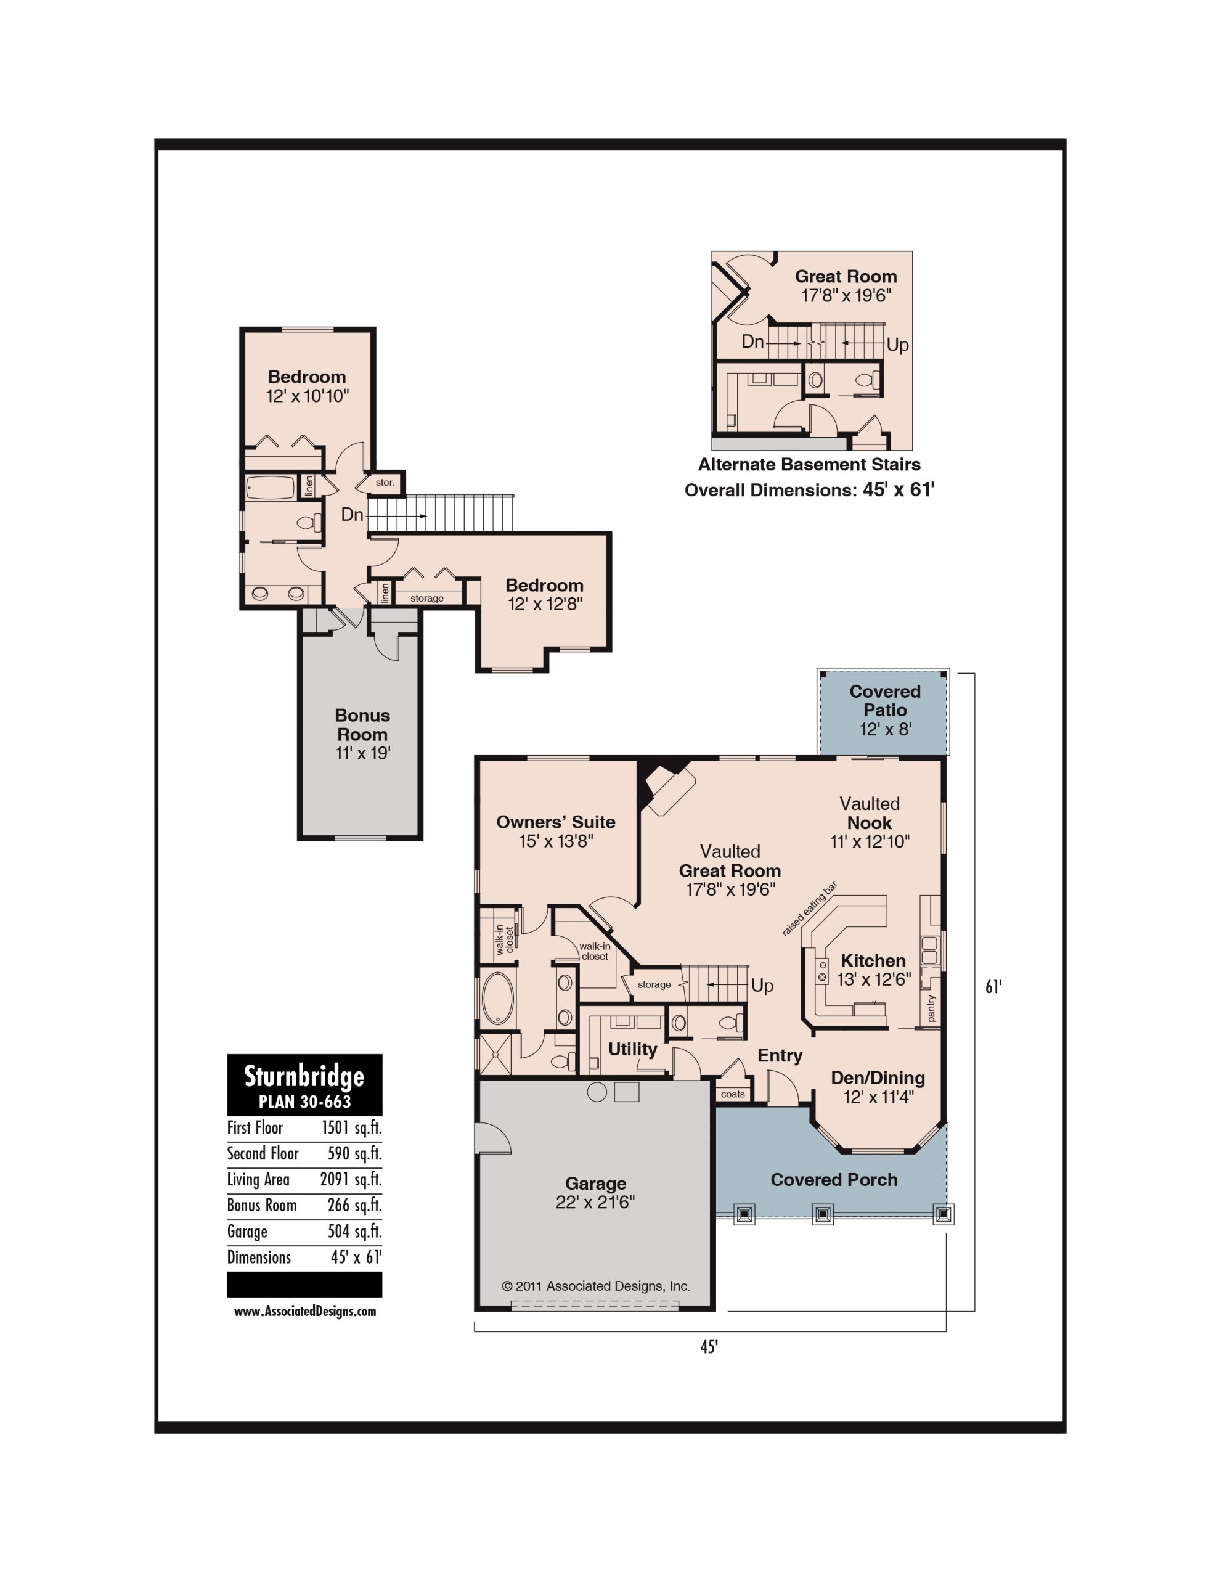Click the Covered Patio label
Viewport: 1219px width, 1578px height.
(x=884, y=701)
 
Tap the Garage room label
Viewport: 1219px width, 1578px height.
(x=595, y=1183)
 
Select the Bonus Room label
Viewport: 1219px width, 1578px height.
(x=362, y=725)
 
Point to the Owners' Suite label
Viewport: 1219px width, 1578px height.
(x=556, y=822)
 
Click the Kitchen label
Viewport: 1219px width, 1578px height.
(x=873, y=960)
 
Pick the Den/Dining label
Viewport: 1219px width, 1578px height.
(x=878, y=1078)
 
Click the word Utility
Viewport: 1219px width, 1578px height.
(x=632, y=1049)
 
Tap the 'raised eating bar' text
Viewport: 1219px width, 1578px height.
(x=809, y=909)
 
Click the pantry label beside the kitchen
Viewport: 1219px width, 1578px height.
(x=931, y=1008)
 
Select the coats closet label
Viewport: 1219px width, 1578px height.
(x=733, y=1094)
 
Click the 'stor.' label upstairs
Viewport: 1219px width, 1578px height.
(x=385, y=483)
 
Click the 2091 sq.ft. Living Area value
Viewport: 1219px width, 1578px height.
(x=351, y=1180)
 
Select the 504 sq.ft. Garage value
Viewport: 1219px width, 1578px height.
(x=355, y=1231)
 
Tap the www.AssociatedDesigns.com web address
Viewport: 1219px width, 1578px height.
(x=305, y=1311)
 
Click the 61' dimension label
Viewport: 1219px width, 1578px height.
(x=994, y=987)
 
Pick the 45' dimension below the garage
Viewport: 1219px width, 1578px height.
(x=709, y=1347)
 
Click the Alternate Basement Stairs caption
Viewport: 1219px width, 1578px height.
(x=809, y=465)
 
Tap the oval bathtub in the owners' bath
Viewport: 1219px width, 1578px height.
(x=497, y=999)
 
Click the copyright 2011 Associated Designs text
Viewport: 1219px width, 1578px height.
(x=596, y=1286)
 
